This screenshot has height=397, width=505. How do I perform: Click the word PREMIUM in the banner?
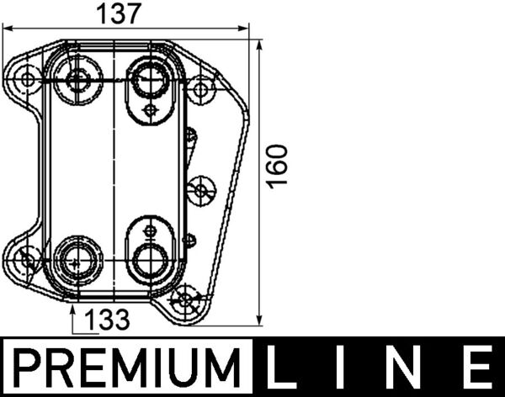(129, 369)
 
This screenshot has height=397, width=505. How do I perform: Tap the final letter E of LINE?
(476, 369)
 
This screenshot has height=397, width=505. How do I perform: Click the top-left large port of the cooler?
(79, 81)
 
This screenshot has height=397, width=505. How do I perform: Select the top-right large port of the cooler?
(149, 81)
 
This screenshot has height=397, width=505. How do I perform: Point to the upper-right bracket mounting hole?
(201, 87)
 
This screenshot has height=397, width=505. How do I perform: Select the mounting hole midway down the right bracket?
(200, 190)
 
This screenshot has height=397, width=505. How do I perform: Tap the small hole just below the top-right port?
(150, 109)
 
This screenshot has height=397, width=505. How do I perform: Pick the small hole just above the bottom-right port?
(150, 229)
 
